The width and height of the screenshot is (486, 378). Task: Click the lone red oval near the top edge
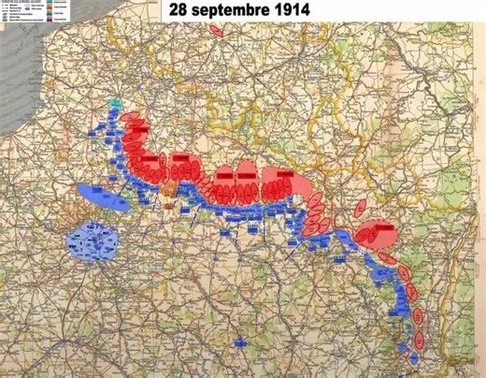pos(217,30)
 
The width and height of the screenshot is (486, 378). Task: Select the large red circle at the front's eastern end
pos(379,233)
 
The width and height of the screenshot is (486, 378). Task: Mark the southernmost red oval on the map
pos(419,338)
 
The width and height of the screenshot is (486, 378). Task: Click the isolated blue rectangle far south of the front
pos(240,343)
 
